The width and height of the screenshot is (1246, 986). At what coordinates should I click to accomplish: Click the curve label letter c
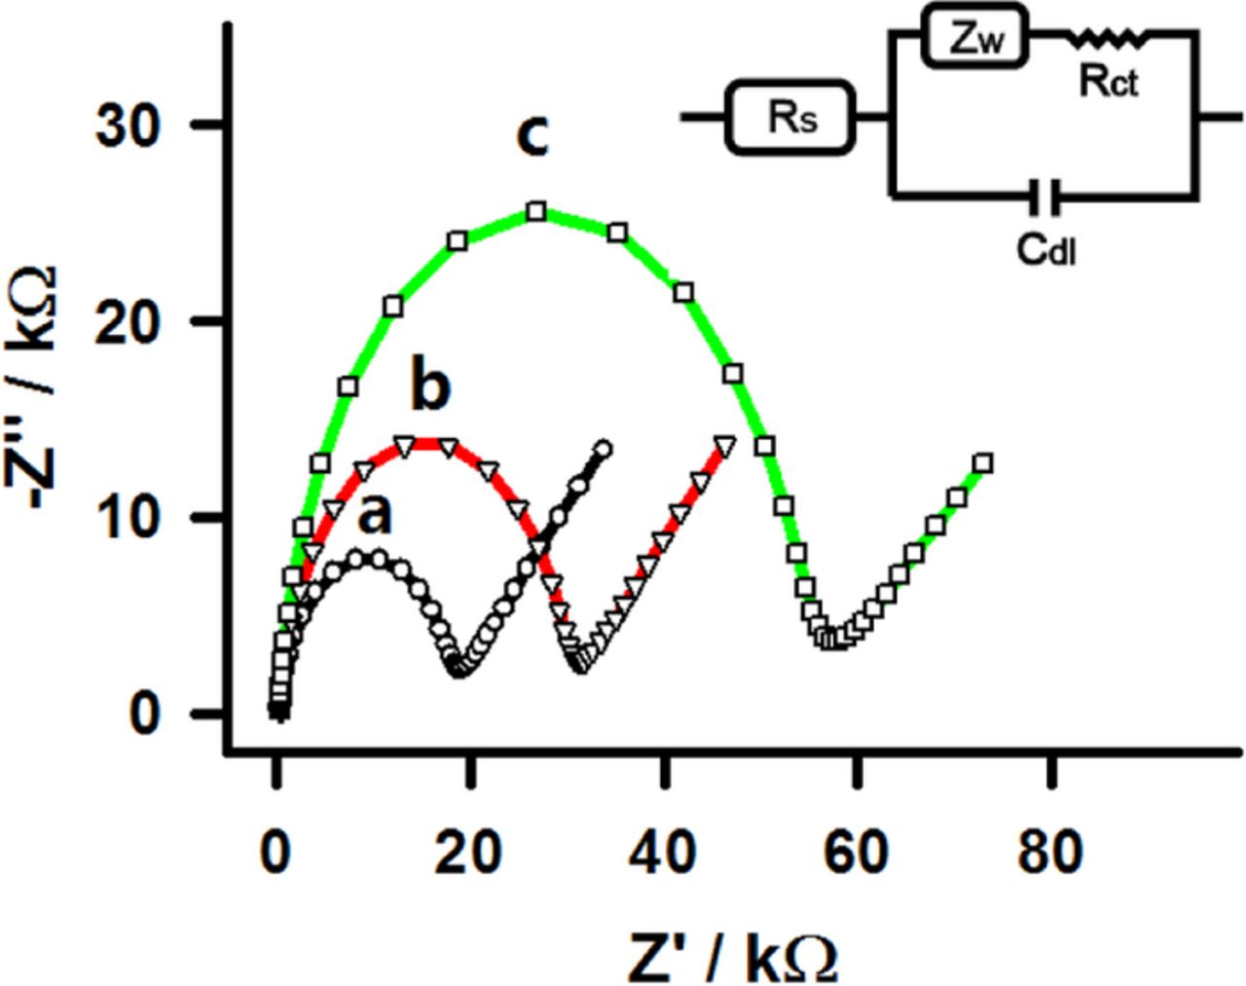point(532,135)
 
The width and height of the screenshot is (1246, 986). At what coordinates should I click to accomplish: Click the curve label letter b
point(429,386)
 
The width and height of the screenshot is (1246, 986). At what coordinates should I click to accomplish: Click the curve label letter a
point(376,515)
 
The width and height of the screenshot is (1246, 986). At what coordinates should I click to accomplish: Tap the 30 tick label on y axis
point(128,127)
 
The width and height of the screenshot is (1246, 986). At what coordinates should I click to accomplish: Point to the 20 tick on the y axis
point(128,322)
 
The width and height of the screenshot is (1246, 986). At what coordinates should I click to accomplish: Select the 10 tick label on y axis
point(128,518)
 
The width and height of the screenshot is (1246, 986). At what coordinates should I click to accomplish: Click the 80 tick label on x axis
point(1050,852)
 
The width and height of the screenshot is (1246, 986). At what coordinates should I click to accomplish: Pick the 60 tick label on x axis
point(857,852)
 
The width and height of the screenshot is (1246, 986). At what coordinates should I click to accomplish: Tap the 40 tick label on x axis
point(664,852)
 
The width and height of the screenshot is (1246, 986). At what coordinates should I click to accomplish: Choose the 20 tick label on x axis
point(470,852)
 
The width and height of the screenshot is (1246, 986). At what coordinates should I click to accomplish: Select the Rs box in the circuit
point(790,117)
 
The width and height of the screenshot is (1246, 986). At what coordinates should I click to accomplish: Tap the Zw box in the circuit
point(975,40)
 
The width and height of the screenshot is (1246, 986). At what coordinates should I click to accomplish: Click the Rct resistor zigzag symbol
point(1109,39)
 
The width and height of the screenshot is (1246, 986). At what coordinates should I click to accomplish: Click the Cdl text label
point(1047,250)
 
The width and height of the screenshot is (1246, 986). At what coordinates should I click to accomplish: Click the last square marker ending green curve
point(983,463)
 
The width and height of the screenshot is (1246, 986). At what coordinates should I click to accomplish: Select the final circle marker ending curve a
point(604,449)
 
